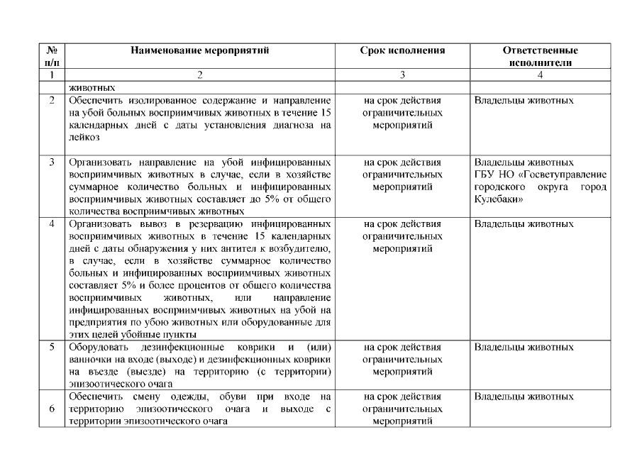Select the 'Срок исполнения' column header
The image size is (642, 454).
click(x=402, y=51)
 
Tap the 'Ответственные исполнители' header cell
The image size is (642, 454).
click(x=540, y=57)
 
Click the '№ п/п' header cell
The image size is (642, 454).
click(x=52, y=57)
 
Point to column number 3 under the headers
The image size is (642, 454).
click(x=402, y=74)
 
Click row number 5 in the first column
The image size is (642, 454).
click(x=52, y=348)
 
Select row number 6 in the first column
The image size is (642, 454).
click(x=52, y=409)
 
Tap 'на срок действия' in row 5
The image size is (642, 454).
click(x=402, y=348)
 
